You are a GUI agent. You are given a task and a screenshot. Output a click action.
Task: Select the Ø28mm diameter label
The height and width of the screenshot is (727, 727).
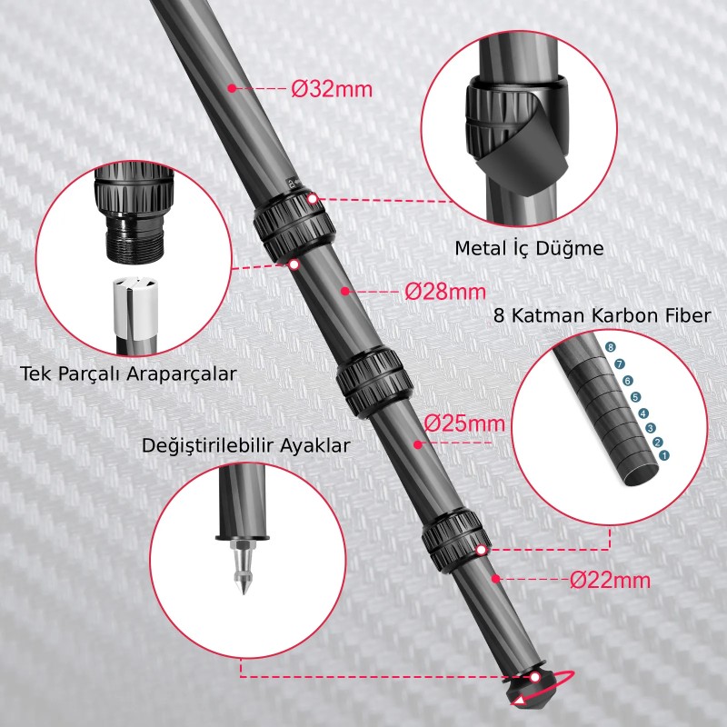pos(446,292)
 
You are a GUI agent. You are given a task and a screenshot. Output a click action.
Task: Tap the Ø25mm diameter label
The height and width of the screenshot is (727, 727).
pos(464,423)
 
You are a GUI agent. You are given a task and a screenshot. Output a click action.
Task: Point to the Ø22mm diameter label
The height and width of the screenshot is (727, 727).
pos(610,580)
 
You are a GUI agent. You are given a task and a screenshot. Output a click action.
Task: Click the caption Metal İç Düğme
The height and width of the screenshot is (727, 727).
pos(529,248)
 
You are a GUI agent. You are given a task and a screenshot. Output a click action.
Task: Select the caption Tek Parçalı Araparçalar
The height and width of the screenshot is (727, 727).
pos(128,373)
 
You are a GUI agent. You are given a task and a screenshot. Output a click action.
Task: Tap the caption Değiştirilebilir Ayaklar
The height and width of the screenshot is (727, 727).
pos(245,446)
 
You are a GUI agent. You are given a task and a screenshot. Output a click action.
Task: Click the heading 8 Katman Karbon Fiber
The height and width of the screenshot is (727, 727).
pos(602,315)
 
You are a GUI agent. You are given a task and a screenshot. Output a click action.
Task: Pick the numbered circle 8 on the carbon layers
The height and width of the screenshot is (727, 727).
pos(611,347)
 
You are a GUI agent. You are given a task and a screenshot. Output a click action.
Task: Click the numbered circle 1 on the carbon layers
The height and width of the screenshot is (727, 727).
pos(664,454)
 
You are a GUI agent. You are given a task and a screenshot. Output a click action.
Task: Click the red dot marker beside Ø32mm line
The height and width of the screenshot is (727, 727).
pos(233,88)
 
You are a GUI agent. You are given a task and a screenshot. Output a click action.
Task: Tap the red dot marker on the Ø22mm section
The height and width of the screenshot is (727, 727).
pos(495,579)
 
